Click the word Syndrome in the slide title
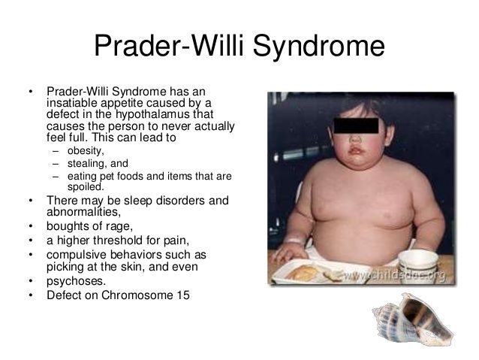click(x=318, y=46)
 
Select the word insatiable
click(x=72, y=103)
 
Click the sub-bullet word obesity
click(x=86, y=151)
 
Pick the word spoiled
click(x=86, y=187)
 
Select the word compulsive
click(x=77, y=255)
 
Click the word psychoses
click(x=76, y=281)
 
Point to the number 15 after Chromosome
click(x=183, y=295)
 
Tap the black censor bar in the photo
click(x=356, y=126)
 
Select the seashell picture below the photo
click(x=412, y=319)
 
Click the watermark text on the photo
click(x=394, y=276)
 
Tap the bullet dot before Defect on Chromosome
click(x=31, y=295)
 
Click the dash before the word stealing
click(x=56, y=165)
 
